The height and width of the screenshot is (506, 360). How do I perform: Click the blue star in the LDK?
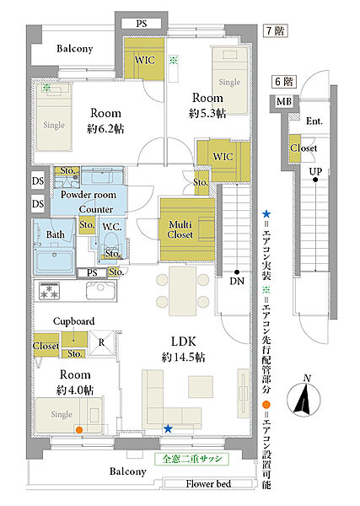click(x=168, y=428)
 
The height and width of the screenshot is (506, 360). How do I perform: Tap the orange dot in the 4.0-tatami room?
click(x=78, y=429)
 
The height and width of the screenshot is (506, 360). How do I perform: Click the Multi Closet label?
click(x=180, y=229)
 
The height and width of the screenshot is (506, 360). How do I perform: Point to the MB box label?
click(x=284, y=102)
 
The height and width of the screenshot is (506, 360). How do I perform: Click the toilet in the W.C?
click(x=110, y=242)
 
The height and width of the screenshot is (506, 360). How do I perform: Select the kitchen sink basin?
click(x=100, y=290)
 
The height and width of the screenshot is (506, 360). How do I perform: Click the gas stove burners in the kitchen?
click(x=49, y=290)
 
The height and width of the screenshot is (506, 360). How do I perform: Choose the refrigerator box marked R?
click(x=101, y=342)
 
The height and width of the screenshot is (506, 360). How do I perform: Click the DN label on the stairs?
click(x=237, y=281)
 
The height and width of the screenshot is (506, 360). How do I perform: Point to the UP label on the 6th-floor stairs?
click(x=315, y=171)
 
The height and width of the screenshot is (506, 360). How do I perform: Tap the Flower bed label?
click(x=208, y=484)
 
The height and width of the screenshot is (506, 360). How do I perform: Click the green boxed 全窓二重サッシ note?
click(x=192, y=459)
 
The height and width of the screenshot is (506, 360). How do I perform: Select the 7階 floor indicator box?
click(x=275, y=31)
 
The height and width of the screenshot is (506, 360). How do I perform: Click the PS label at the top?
click(x=142, y=24)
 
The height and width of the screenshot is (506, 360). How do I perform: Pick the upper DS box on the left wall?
click(x=38, y=181)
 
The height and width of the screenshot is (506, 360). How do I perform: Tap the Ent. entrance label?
click(x=314, y=121)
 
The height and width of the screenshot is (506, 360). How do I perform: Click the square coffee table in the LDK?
click(x=201, y=386)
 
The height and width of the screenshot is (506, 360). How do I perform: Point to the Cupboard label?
click(x=74, y=321)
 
